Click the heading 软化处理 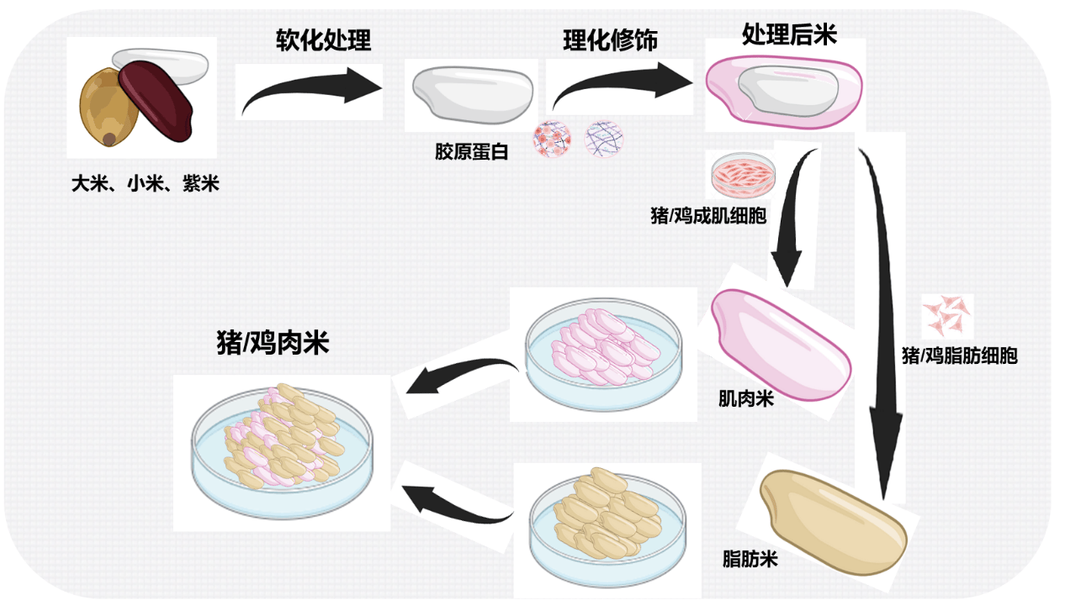click(323, 39)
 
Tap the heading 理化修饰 click(610, 40)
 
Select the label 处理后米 click(789, 34)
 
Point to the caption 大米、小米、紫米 click(145, 183)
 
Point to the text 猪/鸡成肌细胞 click(708, 216)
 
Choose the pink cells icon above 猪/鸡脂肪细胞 click(948, 315)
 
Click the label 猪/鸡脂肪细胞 click(959, 355)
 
